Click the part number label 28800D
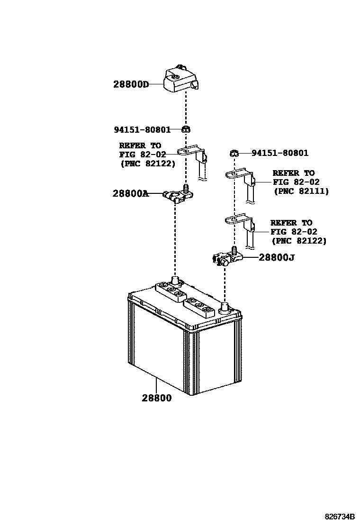coord(131,85)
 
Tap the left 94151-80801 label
coord(142,129)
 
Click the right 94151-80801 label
coord(279,153)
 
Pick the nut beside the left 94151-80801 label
coord(186,129)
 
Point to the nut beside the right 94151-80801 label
coord(234,153)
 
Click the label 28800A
coord(130,193)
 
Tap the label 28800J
coord(277,257)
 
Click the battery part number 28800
coord(156,398)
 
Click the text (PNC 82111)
coord(301,191)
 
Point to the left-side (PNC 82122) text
coord(147,164)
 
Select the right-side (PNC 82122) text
coord(299,241)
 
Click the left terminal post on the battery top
coord(175,281)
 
